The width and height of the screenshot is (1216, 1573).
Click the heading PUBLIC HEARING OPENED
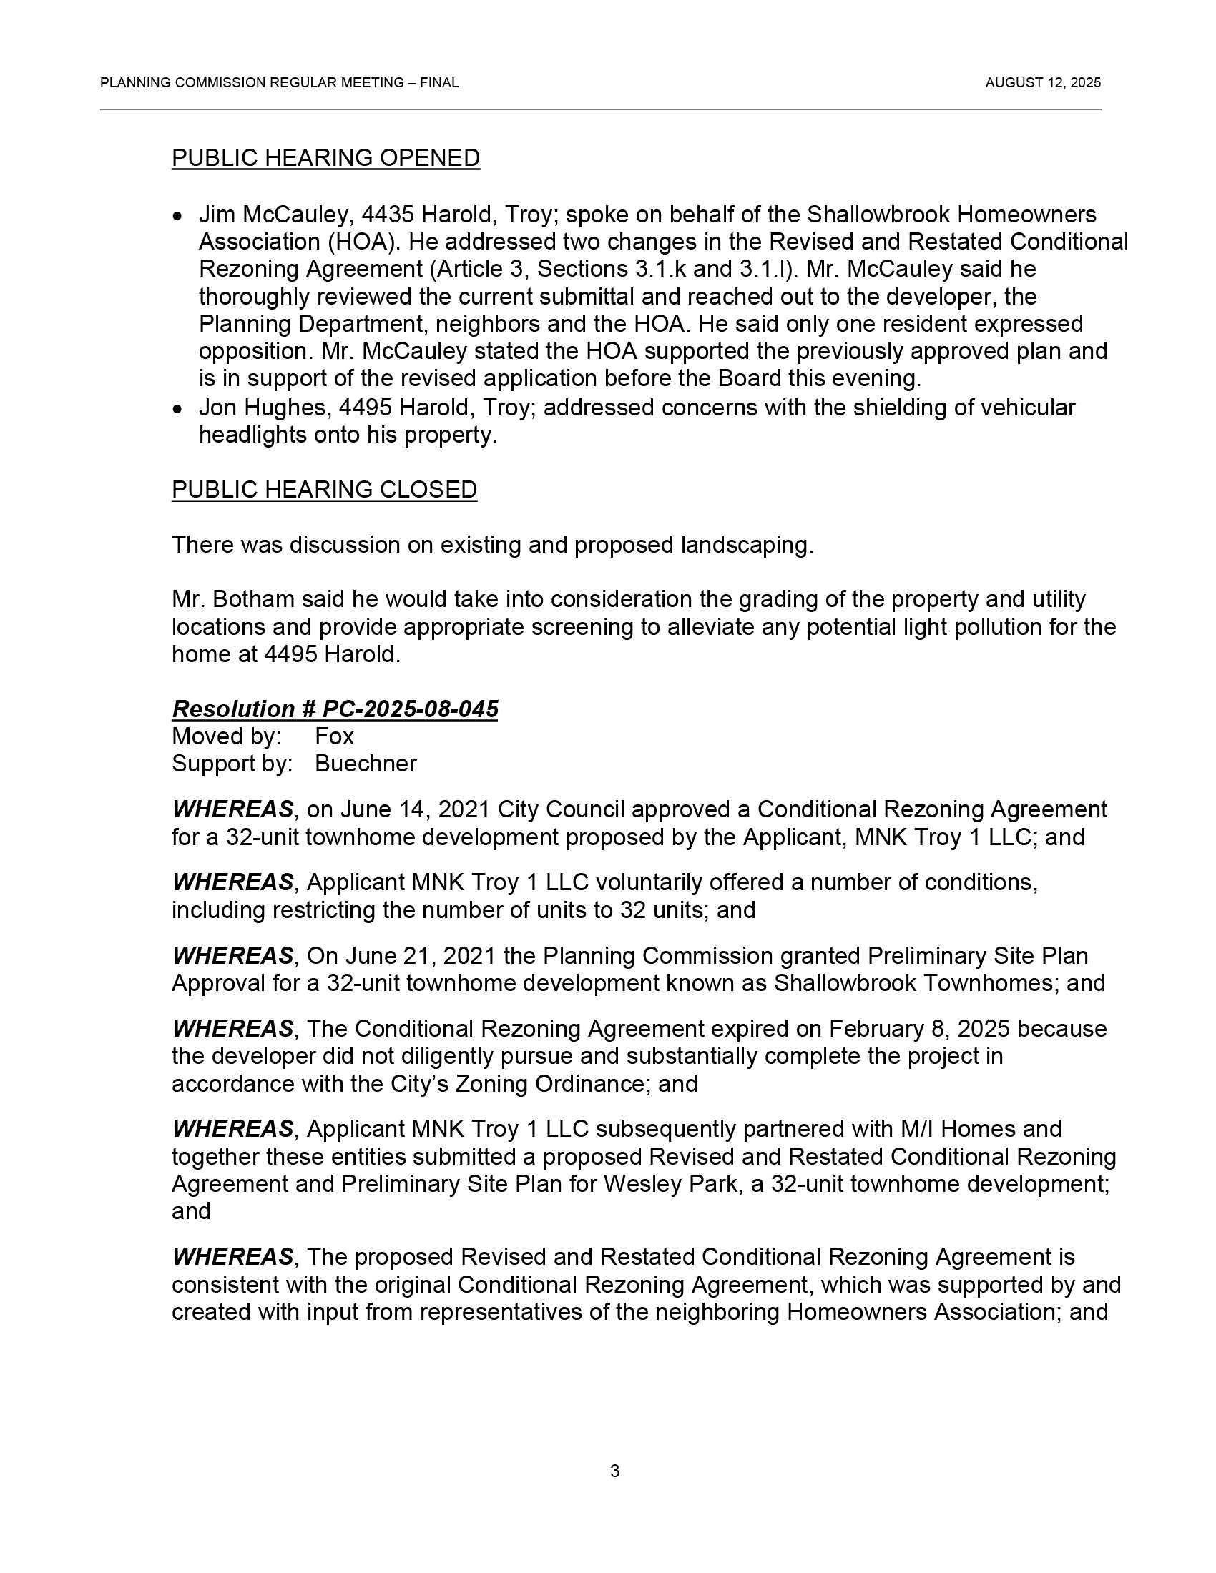point(325,158)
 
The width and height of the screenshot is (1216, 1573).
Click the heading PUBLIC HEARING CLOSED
point(324,489)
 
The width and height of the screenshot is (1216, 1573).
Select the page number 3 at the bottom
point(614,1471)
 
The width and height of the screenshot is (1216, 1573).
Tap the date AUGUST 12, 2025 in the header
point(1042,83)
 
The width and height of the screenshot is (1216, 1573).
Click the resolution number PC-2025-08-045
point(410,709)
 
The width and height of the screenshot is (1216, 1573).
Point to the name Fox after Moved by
point(334,736)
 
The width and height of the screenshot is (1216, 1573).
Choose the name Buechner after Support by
point(366,764)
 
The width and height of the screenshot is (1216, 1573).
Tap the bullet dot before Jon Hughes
point(178,409)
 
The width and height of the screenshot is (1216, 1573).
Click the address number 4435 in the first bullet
point(387,214)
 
